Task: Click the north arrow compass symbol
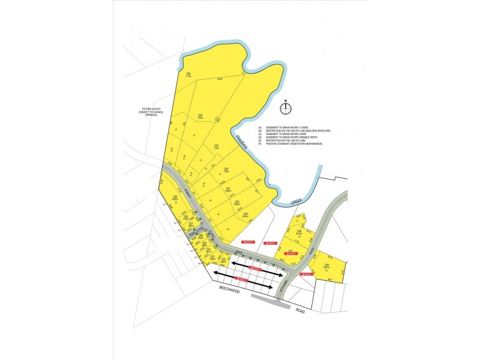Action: pos(287,108)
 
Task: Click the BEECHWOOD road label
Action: pos(230,290)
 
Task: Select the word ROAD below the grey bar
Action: pos(300,311)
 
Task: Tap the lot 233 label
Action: pos(215,145)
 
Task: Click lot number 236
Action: pos(298,231)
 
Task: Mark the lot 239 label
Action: pos(326,265)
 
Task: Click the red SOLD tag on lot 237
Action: pos(291,254)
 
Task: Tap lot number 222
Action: pos(224,259)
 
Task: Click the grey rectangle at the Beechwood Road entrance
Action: pos(270,300)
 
